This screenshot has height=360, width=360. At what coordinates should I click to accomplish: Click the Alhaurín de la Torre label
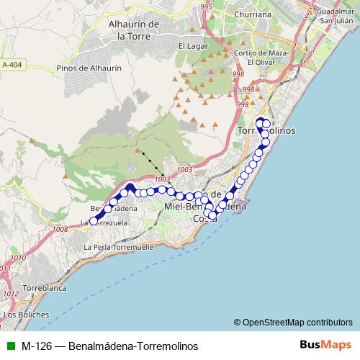pyautogui.click(x=133, y=29)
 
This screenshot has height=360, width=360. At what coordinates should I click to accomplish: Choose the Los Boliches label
pyautogui.click(x=26, y=315)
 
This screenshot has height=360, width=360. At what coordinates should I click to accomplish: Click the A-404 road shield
pyautogui.click(x=12, y=65)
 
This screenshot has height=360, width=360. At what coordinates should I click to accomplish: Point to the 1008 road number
pyautogui.click(x=59, y=229)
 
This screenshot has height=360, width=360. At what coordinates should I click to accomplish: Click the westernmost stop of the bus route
pyautogui.click(x=93, y=221)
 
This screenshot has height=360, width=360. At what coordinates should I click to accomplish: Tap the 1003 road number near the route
pyautogui.click(x=162, y=179)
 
